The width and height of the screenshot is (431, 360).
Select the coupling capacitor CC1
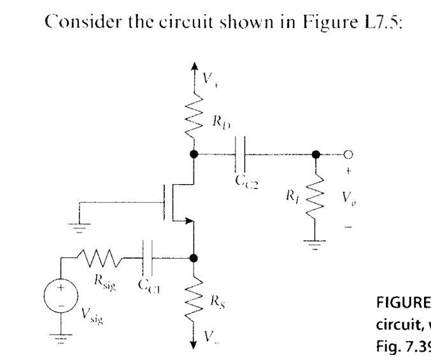tap(148, 258)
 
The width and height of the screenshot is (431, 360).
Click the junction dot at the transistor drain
tap(194, 154)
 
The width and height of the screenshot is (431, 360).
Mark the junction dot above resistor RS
tap(194, 258)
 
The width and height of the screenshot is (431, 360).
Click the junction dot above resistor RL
tap(315, 154)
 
